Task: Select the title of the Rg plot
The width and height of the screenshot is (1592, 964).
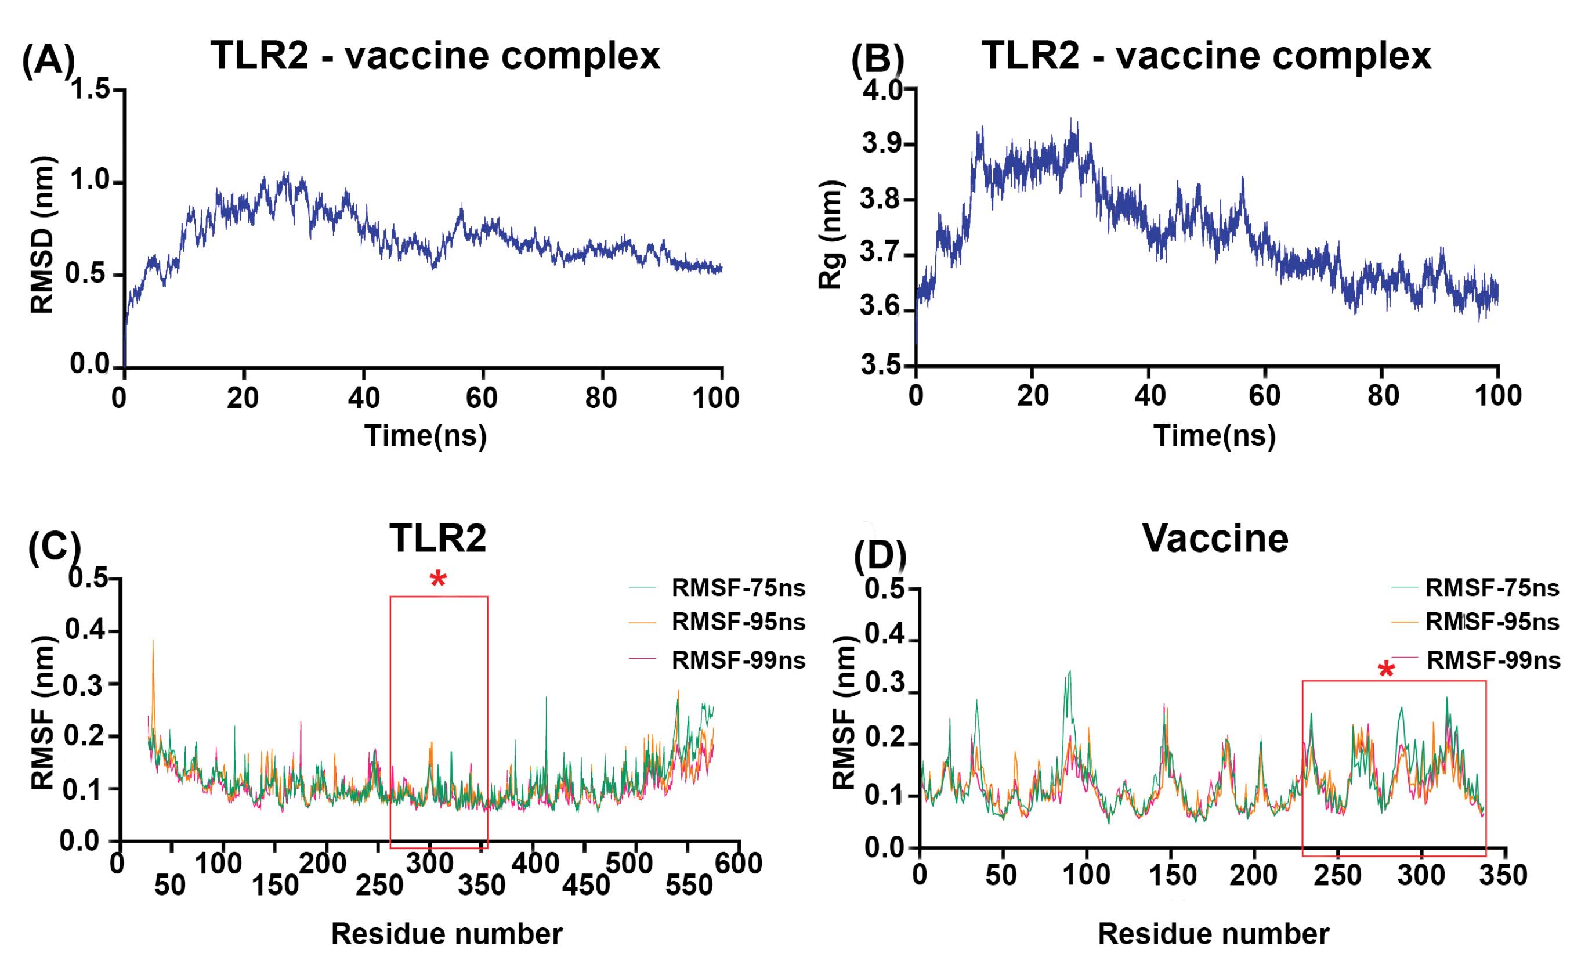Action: (1206, 56)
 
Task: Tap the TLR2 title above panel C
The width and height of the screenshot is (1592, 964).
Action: (437, 537)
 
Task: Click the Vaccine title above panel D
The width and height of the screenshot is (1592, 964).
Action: (1215, 537)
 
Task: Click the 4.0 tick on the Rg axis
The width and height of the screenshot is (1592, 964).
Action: (882, 91)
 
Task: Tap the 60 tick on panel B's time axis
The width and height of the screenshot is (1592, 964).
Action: (1265, 395)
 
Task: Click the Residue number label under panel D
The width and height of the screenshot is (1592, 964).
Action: (1213, 934)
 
